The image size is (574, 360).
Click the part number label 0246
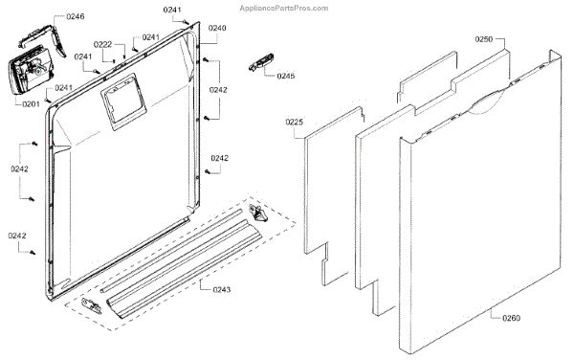75,16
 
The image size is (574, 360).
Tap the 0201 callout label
31,104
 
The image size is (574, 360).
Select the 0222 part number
103,45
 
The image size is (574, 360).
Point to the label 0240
217,28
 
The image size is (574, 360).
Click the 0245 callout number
286,76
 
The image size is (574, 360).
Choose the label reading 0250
484,39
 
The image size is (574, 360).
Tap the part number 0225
295,122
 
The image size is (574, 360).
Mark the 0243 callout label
222,290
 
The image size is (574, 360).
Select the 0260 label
512,318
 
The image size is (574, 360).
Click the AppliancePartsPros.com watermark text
284,8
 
